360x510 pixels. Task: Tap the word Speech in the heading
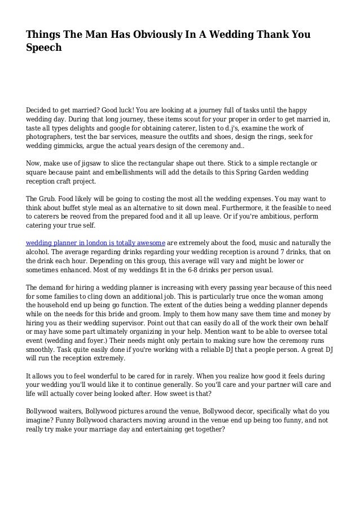[43, 49]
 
